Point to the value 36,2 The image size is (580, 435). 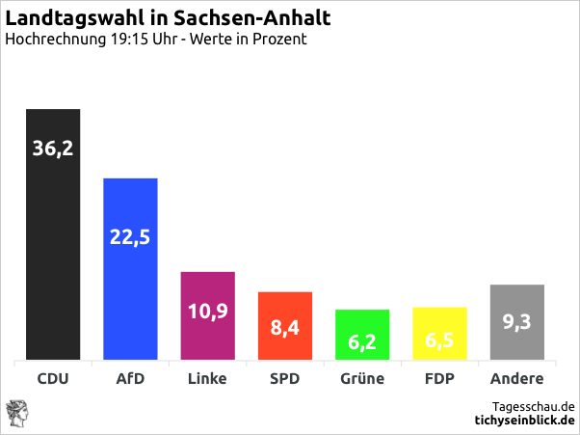tap(52, 149)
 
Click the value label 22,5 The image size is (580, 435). tap(130, 237)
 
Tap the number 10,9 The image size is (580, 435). tap(208, 312)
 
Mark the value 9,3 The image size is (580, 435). tap(517, 322)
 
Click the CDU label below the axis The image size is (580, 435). tap(52, 379)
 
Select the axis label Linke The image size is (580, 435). tap(208, 379)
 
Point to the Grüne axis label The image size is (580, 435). tap(362, 379)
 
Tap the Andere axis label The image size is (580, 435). tap(517, 379)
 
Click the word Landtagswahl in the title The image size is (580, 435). tap(64, 18)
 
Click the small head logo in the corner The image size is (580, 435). tap(16, 412)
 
